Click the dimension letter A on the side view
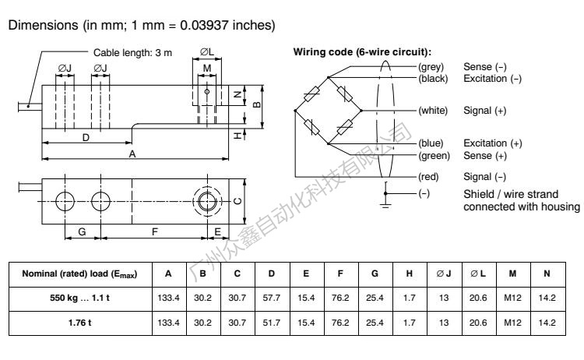click(133, 154)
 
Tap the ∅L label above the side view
click(205, 53)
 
